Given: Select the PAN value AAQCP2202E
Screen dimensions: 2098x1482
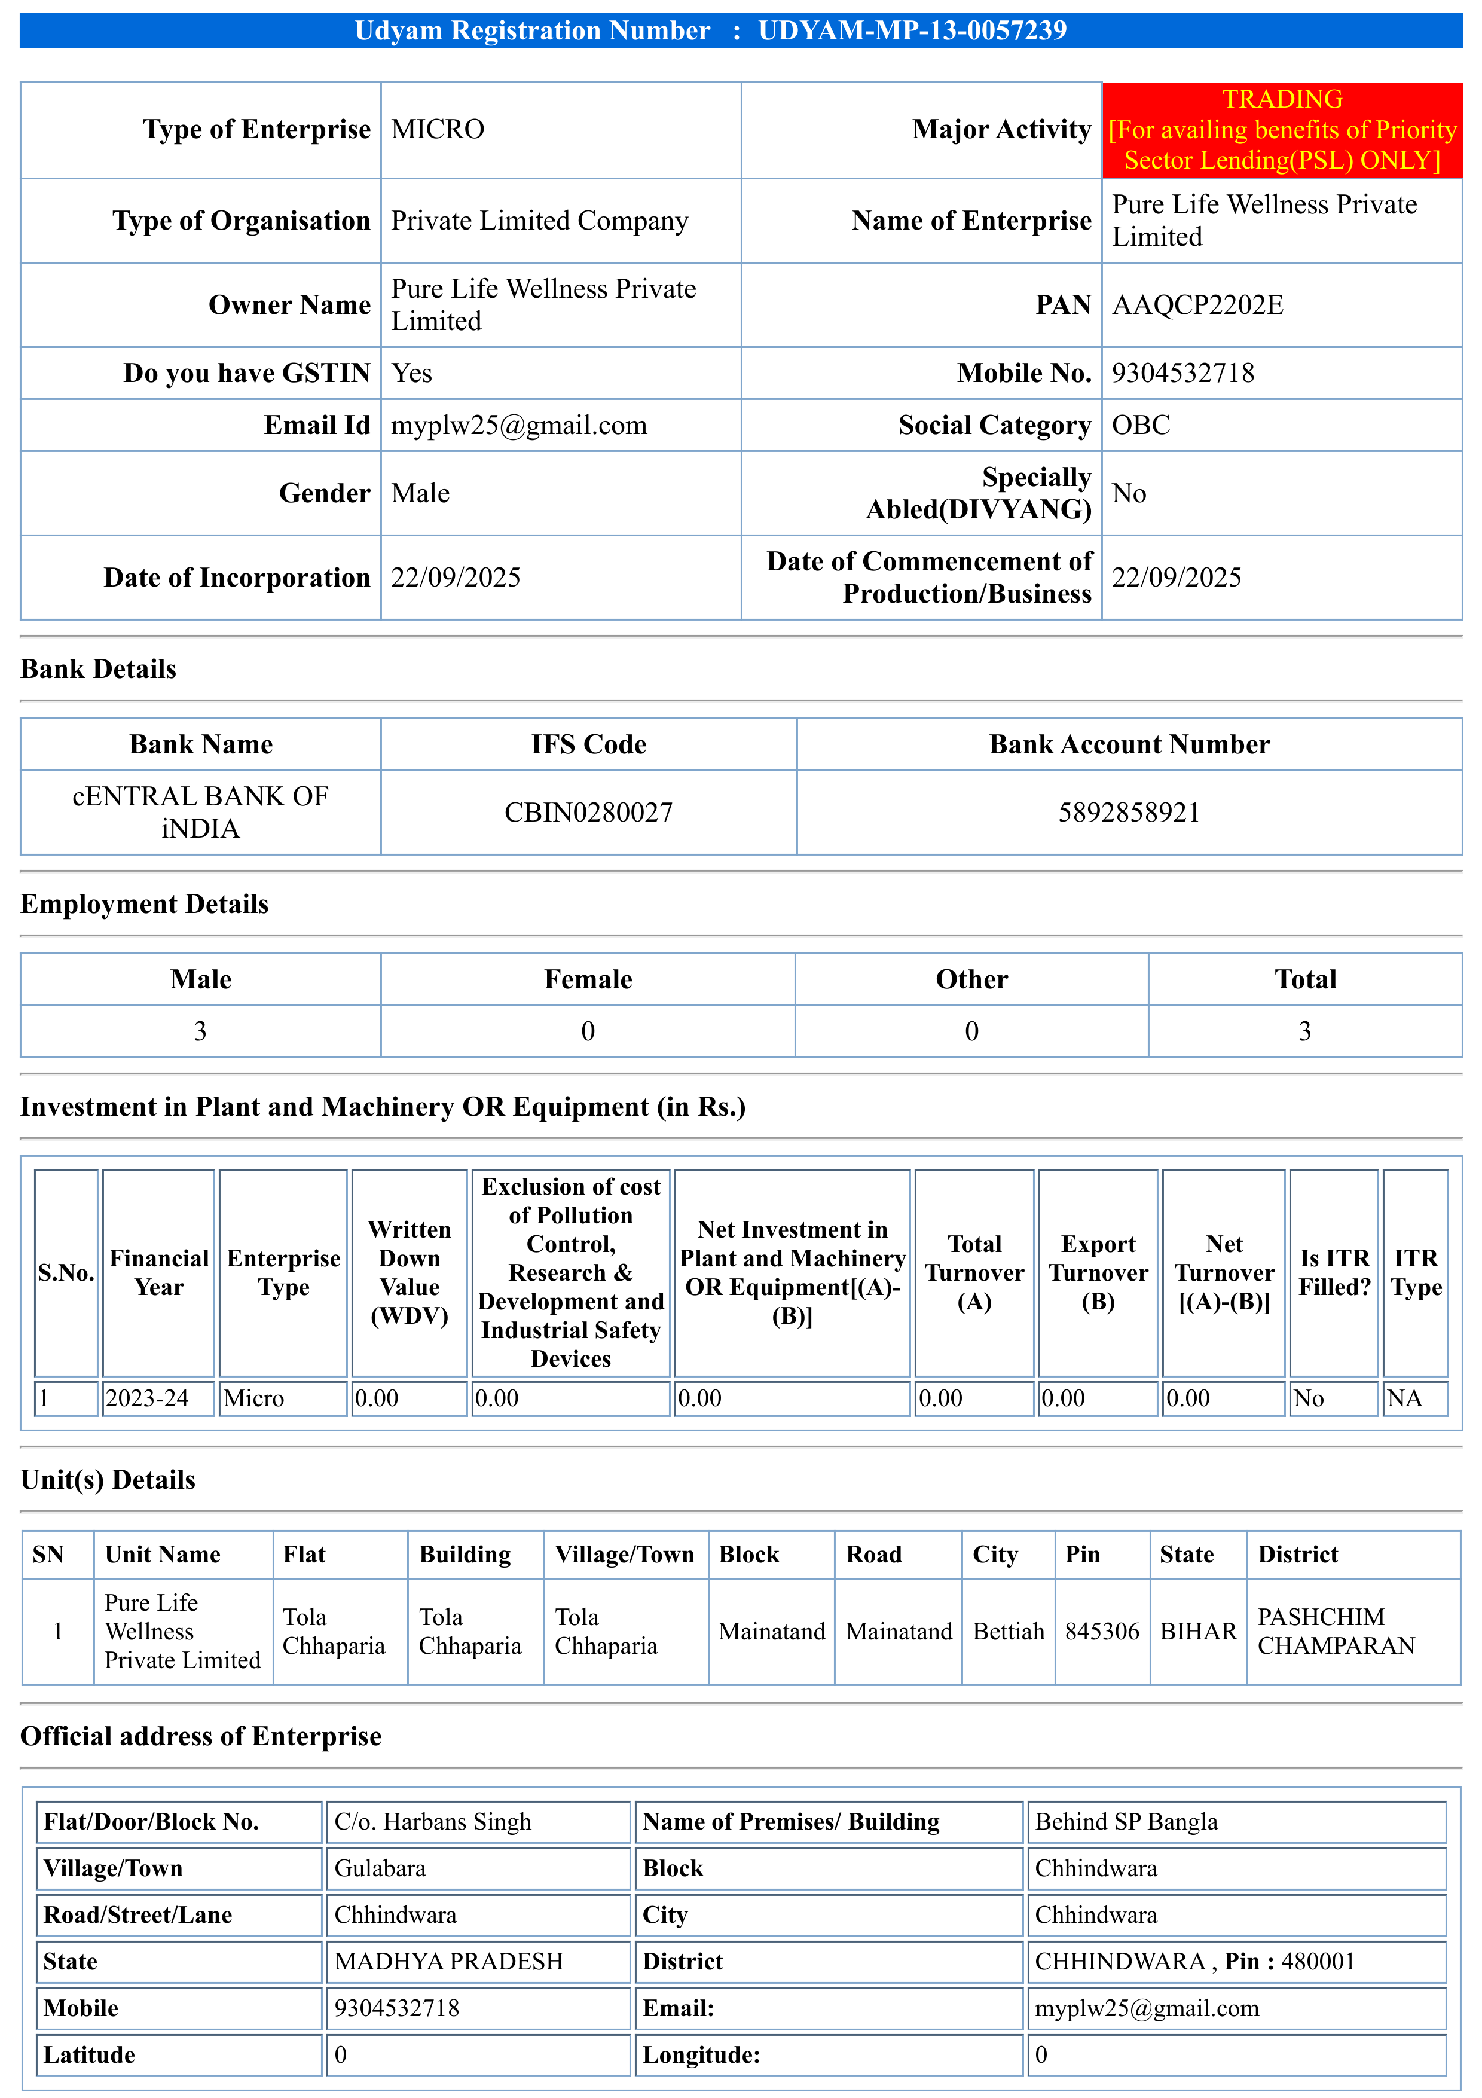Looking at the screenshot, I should click(1197, 305).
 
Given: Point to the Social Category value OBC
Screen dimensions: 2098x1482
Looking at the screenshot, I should click(1140, 426).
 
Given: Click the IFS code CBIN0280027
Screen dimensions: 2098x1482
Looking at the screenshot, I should click(588, 813).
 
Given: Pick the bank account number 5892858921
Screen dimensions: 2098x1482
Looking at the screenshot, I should click(1129, 813).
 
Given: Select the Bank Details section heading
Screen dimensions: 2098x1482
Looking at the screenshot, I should click(99, 670).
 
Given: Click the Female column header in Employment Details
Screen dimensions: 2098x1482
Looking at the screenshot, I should click(588, 979).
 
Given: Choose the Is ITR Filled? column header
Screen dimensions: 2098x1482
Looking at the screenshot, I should click(1334, 1273).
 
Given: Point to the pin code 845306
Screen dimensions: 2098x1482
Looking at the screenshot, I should click(1102, 1632).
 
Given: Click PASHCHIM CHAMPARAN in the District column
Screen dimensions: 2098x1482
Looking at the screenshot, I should click(1335, 1632).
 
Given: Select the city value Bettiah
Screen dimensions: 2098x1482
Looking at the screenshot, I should click(1008, 1632).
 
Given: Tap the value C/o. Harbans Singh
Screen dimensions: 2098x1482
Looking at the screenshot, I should click(432, 1822).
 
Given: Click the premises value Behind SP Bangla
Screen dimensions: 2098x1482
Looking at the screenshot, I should click(1126, 1822).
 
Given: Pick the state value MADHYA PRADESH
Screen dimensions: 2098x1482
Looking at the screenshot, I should click(448, 1962).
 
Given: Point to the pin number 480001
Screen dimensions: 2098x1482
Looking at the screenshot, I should click(1318, 1962).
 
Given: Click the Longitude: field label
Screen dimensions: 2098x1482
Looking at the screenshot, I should click(701, 2055).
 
